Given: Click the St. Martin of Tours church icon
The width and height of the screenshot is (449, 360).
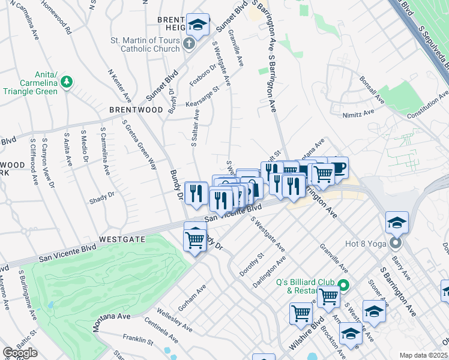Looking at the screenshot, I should coord(188,44).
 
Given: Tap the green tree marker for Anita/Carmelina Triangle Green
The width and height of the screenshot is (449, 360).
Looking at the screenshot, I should coord(67,81).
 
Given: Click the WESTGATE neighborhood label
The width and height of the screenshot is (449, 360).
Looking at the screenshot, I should coord(122,238).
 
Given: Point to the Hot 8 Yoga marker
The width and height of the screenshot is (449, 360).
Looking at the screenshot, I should coord(396,243).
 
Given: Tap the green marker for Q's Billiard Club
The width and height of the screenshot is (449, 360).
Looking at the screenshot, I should coord(343,286).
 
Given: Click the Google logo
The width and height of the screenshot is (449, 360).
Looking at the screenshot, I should coord(20,353).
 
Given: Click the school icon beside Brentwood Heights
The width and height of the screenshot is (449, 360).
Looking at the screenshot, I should coord(197,25).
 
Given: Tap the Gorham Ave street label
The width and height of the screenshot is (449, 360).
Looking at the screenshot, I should coord(192,291).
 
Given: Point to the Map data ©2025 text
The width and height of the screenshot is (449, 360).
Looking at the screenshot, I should coord(423,355).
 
